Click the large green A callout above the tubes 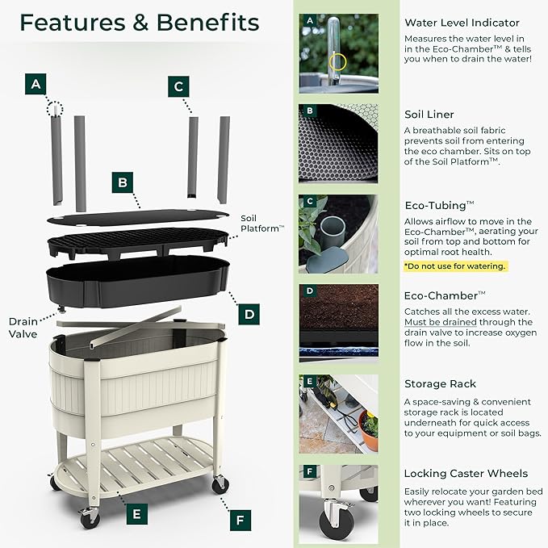36,84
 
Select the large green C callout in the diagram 178,86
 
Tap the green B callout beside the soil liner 123,182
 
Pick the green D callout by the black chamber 249,314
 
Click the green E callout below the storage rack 137,514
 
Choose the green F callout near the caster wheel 241,521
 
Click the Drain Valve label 23,328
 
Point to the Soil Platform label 262,224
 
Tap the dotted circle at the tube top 55,109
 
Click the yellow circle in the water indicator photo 337,63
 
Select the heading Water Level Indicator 462,23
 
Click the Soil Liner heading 429,115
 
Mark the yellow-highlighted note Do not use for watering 455,266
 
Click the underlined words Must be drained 441,322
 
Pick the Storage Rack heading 441,383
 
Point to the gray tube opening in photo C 333,227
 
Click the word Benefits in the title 208,23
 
